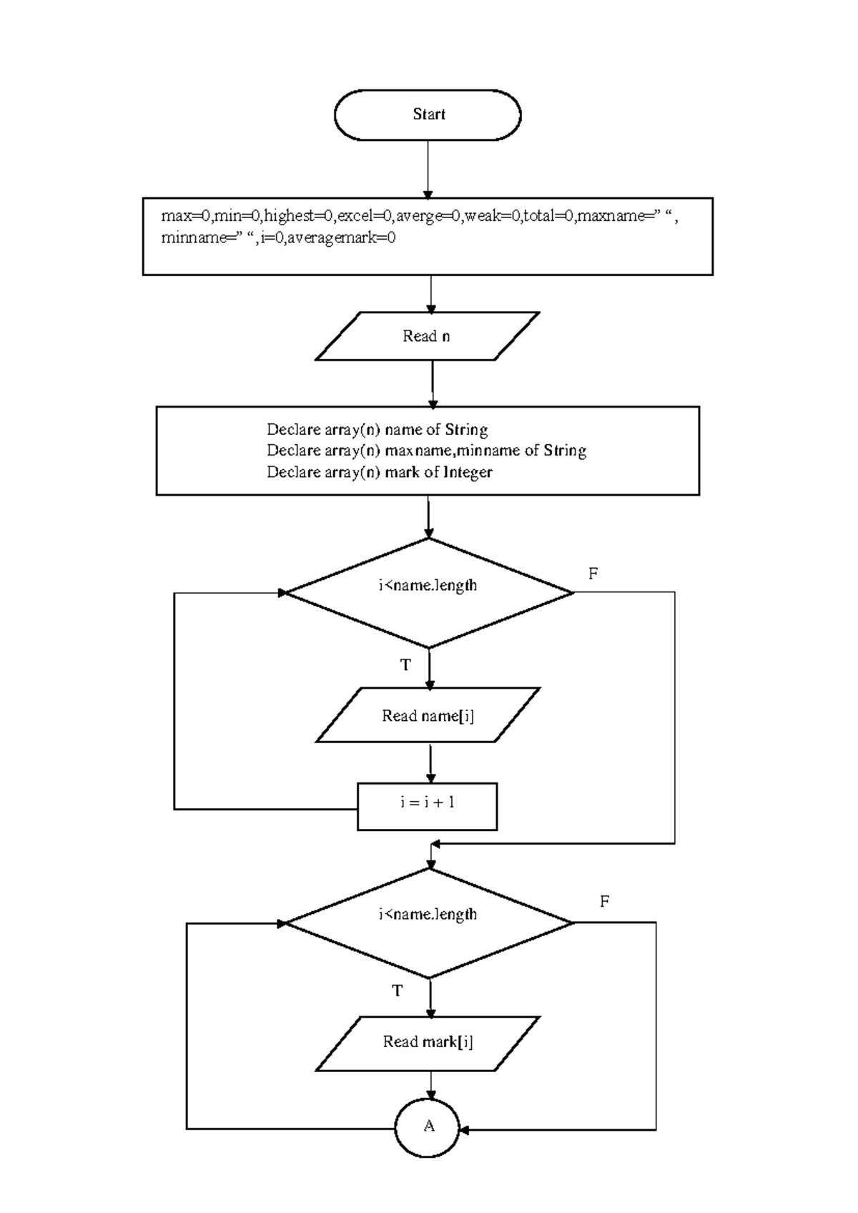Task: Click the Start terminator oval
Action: [428, 114]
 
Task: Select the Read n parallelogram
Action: [427, 336]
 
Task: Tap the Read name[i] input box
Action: [428, 715]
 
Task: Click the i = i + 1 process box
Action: [427, 806]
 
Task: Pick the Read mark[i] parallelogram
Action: [428, 1043]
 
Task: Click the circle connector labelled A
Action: [428, 1127]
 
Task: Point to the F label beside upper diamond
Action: [593, 574]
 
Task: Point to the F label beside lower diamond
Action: [604, 901]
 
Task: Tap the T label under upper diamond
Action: [405, 666]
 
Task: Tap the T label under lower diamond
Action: [398, 991]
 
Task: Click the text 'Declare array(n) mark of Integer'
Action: [379, 472]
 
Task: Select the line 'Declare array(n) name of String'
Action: [377, 430]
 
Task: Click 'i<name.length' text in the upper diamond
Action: [428, 586]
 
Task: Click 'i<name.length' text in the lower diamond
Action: [428, 914]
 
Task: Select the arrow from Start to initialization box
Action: [428, 169]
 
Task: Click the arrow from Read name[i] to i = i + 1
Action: [430, 763]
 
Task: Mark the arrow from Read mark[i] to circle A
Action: [430, 1085]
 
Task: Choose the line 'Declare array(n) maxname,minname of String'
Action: [426, 451]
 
